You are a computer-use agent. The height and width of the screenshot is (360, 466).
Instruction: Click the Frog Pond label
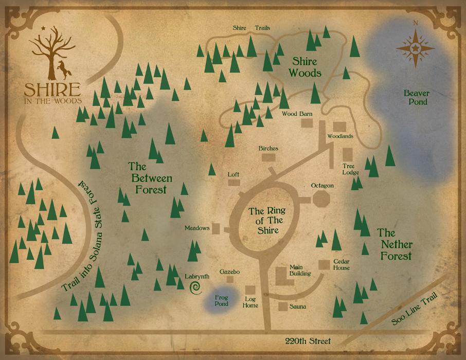[222, 300]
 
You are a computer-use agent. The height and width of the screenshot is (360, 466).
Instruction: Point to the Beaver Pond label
[416, 97]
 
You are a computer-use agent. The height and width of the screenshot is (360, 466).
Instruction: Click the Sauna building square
[283, 307]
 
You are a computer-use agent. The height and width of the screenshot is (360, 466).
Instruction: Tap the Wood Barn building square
[307, 123]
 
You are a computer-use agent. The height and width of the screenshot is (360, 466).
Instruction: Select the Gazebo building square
[230, 279]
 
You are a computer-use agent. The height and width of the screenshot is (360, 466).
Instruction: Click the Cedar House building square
[324, 264]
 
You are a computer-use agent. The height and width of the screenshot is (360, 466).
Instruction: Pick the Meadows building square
[217, 228]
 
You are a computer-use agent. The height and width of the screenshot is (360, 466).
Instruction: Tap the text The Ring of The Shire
[266, 221]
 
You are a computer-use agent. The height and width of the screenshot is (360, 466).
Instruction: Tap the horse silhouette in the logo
[64, 67]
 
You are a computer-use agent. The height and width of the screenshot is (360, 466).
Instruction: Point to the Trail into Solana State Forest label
[82, 237]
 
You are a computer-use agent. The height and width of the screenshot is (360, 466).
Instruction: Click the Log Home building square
[250, 291]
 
